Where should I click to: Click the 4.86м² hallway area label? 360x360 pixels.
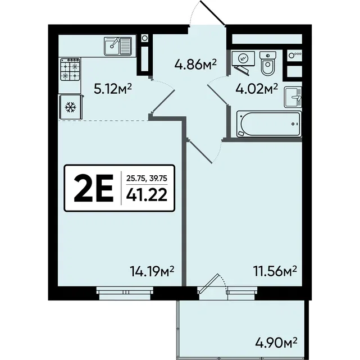(195, 64)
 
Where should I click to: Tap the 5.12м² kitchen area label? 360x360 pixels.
(112, 89)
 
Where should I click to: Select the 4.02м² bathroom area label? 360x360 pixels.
(257, 89)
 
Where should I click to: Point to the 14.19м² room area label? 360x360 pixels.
(152, 271)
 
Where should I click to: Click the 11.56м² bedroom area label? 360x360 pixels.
(275, 271)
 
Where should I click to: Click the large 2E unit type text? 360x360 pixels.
(94, 188)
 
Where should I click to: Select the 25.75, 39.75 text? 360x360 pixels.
(147, 178)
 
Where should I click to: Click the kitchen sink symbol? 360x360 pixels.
(118, 46)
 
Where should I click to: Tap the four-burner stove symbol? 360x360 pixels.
(70, 69)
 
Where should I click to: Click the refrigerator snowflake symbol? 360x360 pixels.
(70, 107)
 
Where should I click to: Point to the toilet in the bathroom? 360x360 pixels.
(267, 63)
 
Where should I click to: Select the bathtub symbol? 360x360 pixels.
(269, 124)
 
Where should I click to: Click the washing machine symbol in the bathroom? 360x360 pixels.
(243, 58)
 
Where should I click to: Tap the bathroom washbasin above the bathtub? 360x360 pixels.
(293, 97)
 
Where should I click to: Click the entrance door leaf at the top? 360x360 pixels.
(213, 12)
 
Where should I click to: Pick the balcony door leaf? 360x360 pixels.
(208, 284)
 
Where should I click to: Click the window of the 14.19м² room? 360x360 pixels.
(125, 293)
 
